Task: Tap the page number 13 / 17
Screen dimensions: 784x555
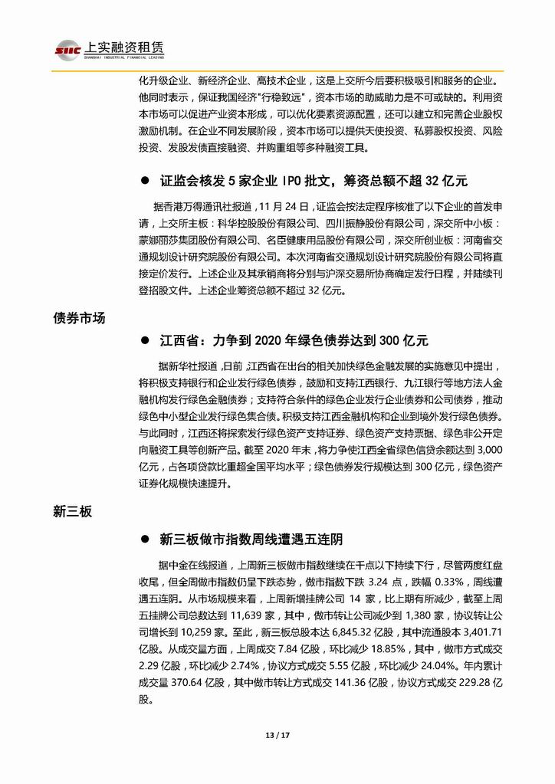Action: click(x=277, y=736)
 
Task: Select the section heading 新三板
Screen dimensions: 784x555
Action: click(x=74, y=511)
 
